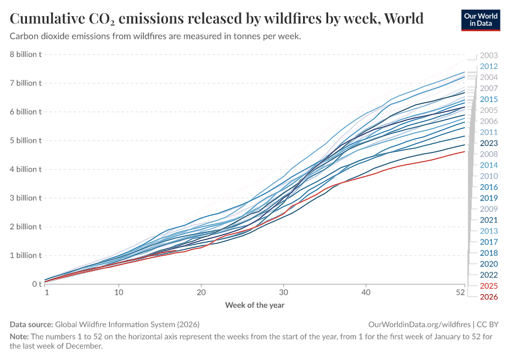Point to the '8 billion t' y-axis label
pyautogui.click(x=25, y=55)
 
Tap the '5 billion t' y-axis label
pyautogui.click(x=25, y=140)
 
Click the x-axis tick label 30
pyautogui.click(x=283, y=293)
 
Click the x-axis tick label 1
pyautogui.click(x=47, y=293)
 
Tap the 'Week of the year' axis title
pyautogui.click(x=255, y=305)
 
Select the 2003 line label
pyautogui.click(x=489, y=55)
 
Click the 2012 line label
pyautogui.click(x=489, y=67)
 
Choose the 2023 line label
pyautogui.click(x=489, y=143)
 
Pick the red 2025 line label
pyautogui.click(x=489, y=286)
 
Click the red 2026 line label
pyautogui.click(x=489, y=296)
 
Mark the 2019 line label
pyautogui.click(x=489, y=198)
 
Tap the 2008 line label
pyautogui.click(x=489, y=154)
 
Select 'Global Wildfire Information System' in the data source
pyautogui.click(x=115, y=324)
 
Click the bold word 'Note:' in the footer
pyautogui.click(x=20, y=337)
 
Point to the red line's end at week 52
pyautogui.click(x=464, y=152)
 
